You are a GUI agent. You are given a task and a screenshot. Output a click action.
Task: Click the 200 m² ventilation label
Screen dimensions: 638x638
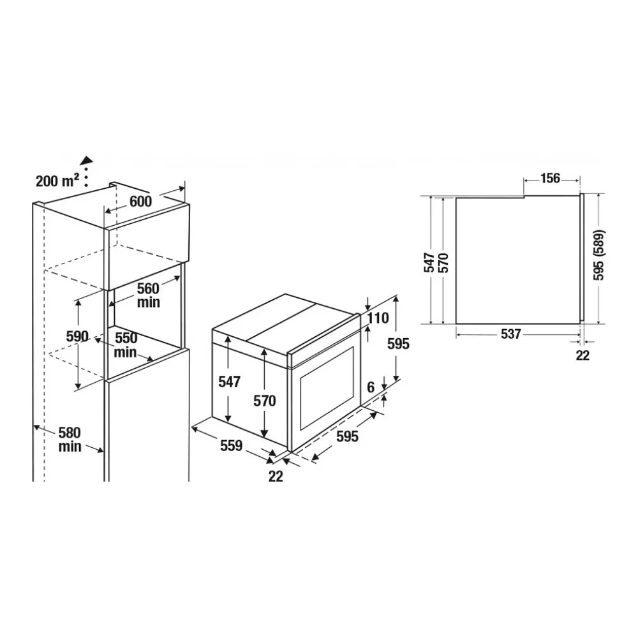[x=57, y=181]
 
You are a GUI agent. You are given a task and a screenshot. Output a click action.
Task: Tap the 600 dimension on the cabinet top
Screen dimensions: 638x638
[x=141, y=202]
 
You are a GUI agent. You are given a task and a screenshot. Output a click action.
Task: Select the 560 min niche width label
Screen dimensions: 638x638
[x=148, y=295]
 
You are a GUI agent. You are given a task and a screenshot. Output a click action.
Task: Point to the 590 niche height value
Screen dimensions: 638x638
[x=77, y=336]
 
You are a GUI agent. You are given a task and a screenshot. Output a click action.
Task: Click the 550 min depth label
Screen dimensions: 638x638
[x=125, y=345]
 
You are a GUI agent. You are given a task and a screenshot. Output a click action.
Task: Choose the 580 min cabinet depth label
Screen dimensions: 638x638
[x=70, y=440]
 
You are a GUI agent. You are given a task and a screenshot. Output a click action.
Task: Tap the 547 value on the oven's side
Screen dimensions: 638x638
[x=230, y=382]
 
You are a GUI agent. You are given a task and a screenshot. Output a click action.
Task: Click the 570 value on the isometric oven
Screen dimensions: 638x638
[x=265, y=401]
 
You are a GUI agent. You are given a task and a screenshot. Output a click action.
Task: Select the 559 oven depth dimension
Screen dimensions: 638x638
[x=231, y=446]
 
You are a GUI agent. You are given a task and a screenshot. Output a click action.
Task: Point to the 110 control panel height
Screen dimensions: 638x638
[x=378, y=318]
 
